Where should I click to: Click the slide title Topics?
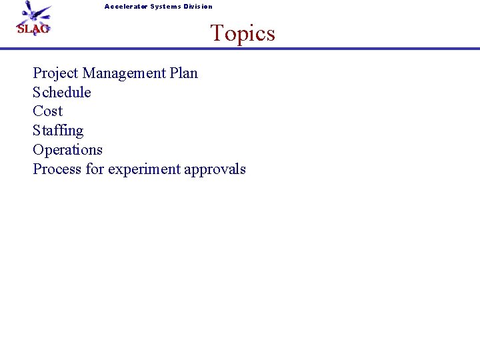243,33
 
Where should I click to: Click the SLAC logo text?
33,29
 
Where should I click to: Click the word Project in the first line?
55,73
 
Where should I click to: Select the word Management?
127,73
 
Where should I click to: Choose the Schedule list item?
62,92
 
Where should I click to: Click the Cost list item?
47,111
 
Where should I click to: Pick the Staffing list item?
58,131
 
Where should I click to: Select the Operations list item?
67,149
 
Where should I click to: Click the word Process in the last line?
57,169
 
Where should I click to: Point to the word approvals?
215,169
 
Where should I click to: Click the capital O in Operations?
39,149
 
